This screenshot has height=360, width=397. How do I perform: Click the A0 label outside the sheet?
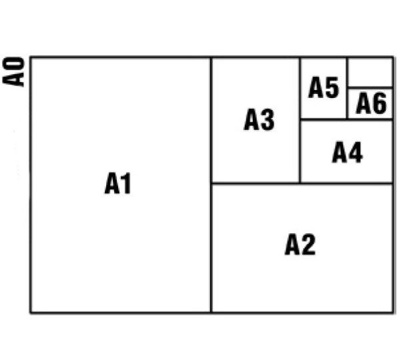pyautogui.click(x=13, y=72)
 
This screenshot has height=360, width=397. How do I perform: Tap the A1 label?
pyautogui.click(x=117, y=183)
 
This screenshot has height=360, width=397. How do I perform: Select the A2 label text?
pyautogui.click(x=300, y=245)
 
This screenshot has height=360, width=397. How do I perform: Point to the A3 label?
pyautogui.click(x=259, y=119)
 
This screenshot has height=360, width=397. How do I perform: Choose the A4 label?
pyautogui.click(x=348, y=152)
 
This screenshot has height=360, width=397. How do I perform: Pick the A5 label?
pyautogui.click(x=324, y=87)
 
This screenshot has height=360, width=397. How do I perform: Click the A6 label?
pyautogui.click(x=371, y=103)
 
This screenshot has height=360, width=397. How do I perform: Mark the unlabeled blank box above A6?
pyautogui.click(x=370, y=73)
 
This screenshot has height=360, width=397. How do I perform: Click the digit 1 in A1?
pyautogui.click(x=126, y=183)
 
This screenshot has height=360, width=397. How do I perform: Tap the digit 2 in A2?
pyautogui.click(x=308, y=245)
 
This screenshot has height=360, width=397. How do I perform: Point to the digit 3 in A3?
pyautogui.click(x=268, y=119)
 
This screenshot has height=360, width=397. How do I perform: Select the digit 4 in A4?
pyautogui.click(x=355, y=152)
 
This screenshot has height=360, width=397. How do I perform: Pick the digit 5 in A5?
pyautogui.click(x=332, y=87)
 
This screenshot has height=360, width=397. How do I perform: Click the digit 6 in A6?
pyautogui.click(x=380, y=103)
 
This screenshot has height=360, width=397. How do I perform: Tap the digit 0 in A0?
pyautogui.click(x=13, y=65)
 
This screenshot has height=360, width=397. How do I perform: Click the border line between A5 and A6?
pyautogui.click(x=347, y=88)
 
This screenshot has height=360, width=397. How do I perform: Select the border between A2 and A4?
pyautogui.click(x=346, y=183)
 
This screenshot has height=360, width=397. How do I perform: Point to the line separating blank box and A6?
pyautogui.click(x=370, y=88)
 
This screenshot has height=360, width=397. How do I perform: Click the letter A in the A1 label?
pyautogui.click(x=112, y=183)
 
